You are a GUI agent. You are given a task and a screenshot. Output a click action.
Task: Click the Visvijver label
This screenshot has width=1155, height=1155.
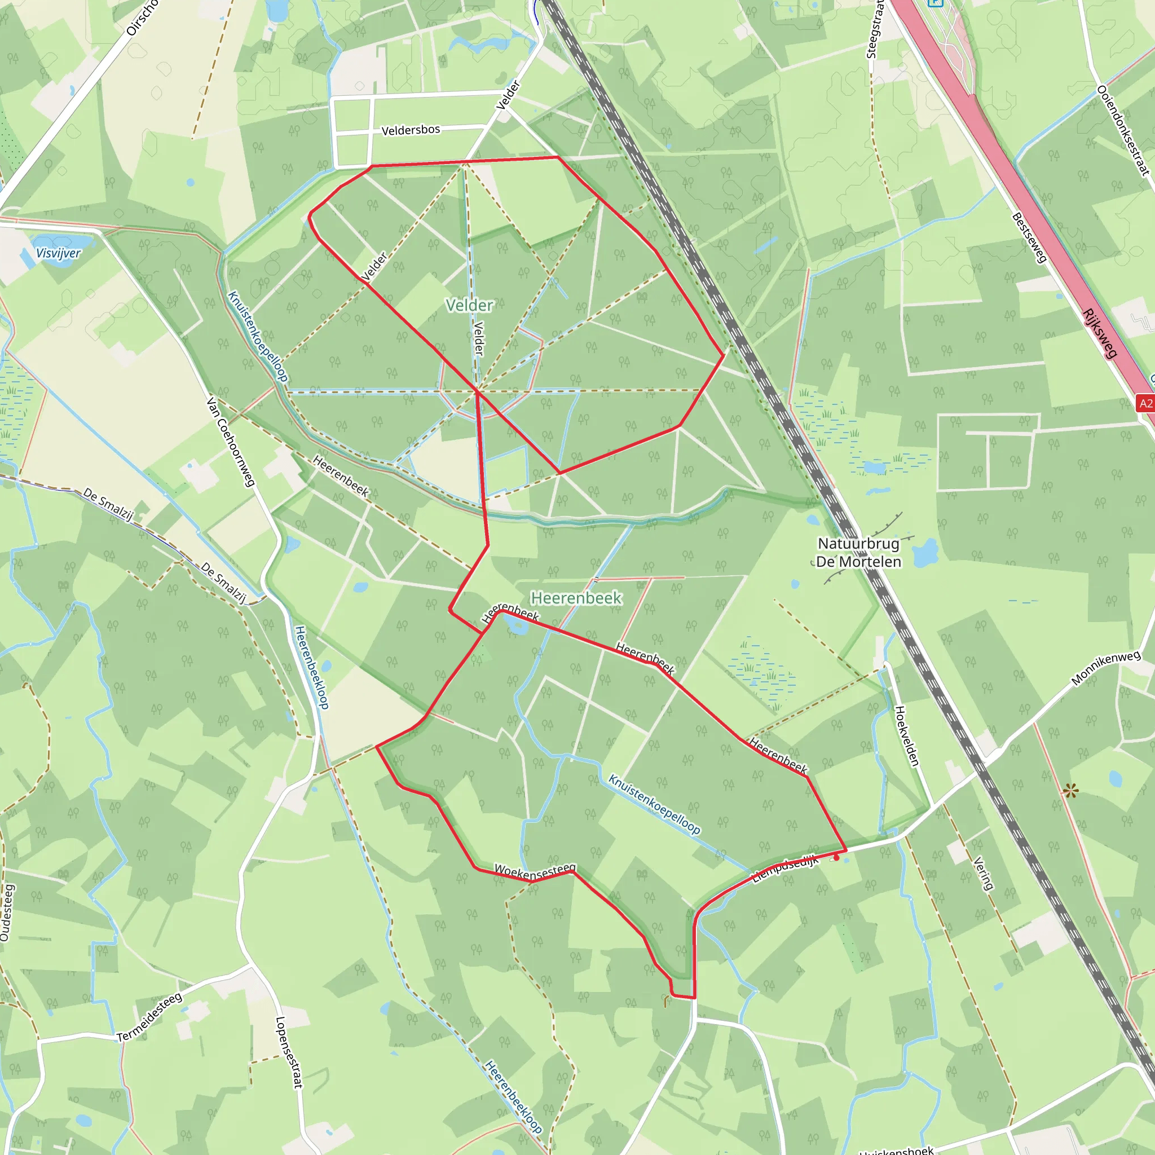tap(58, 253)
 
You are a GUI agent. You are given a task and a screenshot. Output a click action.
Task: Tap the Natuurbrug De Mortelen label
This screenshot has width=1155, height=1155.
tap(858, 552)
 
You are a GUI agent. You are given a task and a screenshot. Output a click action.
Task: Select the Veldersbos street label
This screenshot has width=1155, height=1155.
tap(411, 130)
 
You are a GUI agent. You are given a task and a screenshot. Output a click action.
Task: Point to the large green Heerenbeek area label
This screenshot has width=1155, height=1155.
tap(576, 598)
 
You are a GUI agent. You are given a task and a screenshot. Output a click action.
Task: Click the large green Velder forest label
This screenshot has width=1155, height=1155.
tap(469, 306)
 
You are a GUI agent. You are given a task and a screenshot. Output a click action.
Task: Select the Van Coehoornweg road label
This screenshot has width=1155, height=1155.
tap(231, 441)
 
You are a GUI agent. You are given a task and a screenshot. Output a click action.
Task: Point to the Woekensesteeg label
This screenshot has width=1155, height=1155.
tap(535, 871)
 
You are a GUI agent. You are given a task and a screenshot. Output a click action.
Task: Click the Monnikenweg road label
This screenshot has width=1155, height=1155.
tap(1105, 668)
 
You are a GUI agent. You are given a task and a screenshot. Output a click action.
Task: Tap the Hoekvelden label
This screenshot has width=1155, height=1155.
tap(906, 736)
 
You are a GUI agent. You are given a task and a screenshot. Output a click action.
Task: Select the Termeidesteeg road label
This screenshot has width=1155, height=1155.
tap(149, 1017)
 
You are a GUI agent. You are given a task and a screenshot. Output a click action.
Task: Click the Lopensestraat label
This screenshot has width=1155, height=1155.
tap(289, 1052)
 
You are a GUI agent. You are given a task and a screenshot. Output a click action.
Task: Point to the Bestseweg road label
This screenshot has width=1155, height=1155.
tap(1029, 237)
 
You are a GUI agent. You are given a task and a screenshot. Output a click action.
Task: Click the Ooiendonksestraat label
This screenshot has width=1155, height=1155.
tap(1123, 131)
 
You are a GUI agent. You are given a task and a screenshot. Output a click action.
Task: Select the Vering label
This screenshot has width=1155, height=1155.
tap(984, 874)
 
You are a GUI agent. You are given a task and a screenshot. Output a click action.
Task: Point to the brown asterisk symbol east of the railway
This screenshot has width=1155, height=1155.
tap(1070, 791)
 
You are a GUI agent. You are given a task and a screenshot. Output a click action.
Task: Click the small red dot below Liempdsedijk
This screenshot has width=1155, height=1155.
tap(836, 858)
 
